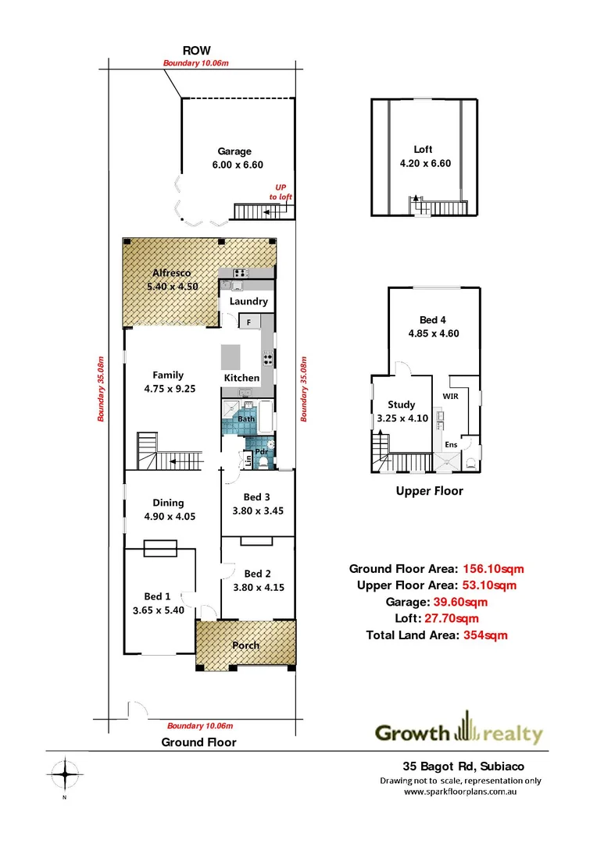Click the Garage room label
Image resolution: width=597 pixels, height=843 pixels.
(234, 151)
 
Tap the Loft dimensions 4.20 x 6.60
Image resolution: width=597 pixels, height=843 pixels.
(423, 164)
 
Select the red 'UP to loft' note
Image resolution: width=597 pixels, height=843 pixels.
(281, 192)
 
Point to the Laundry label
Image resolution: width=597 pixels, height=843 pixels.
(248, 301)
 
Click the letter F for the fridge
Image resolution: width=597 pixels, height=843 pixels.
(248, 322)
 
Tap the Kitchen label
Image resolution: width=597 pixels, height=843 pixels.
(242, 378)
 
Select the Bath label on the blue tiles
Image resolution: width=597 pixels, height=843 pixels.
(247, 419)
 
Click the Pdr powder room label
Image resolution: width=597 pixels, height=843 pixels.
(262, 451)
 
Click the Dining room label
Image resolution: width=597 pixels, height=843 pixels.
(168, 503)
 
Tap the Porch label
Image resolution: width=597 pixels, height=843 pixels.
(245, 646)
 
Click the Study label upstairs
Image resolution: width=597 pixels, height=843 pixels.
(401, 404)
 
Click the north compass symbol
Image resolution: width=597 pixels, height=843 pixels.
(66, 775)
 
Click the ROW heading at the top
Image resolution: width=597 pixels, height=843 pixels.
(197, 50)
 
